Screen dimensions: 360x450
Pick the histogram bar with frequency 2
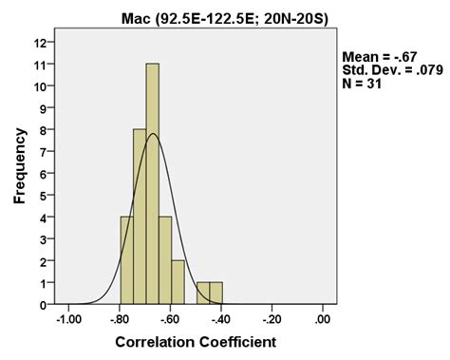(x=178, y=282)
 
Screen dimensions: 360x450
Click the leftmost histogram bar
(x=126, y=260)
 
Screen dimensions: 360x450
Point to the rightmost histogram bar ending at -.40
(x=216, y=294)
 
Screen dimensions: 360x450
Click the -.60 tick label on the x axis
(x=171, y=320)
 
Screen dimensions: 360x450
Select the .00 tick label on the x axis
(x=324, y=320)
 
